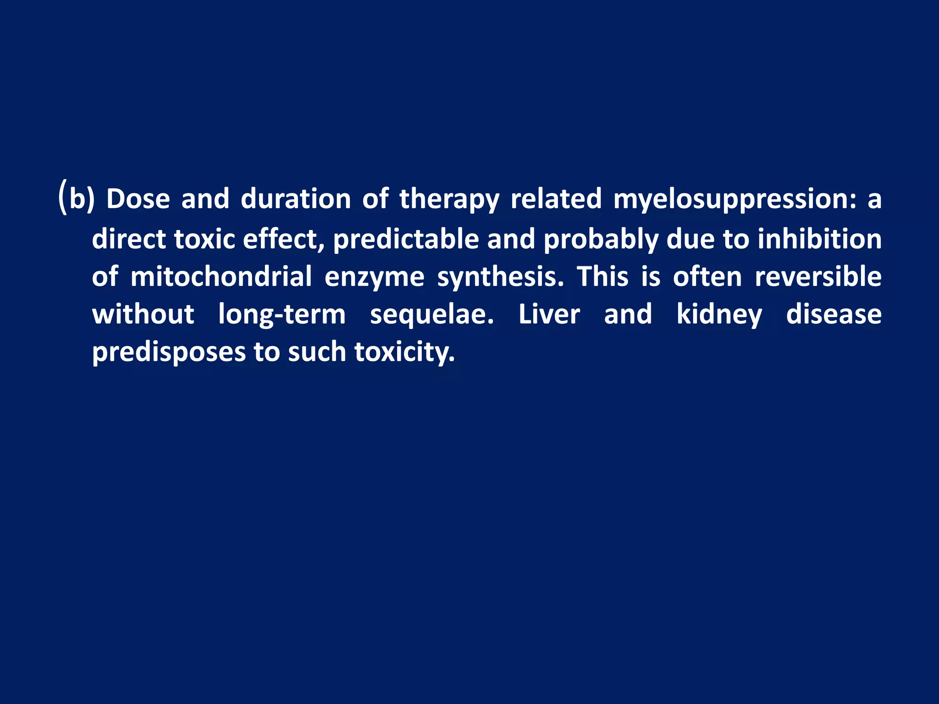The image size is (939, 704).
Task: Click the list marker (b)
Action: [x=77, y=199]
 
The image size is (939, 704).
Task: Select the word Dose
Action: [x=138, y=199]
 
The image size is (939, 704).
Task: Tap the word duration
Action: [x=296, y=199]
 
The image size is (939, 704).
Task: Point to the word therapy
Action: [x=449, y=200]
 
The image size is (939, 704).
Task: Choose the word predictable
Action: [x=406, y=239]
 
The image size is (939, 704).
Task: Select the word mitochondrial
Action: [x=221, y=277]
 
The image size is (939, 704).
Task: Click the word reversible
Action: [x=818, y=277]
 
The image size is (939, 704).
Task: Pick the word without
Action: [x=143, y=314]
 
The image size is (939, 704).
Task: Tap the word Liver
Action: [x=549, y=314]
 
